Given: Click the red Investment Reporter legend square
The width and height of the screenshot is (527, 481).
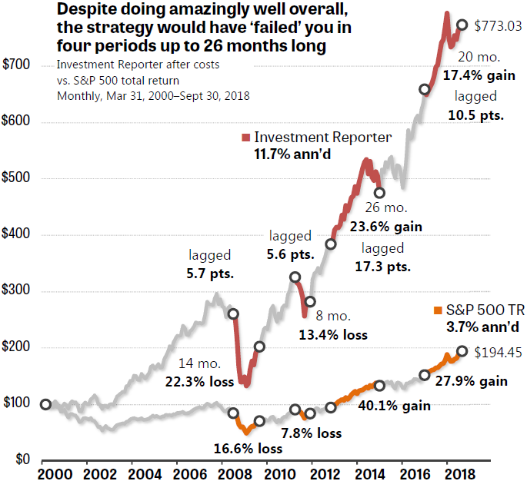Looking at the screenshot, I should pyautogui.click(x=246, y=138).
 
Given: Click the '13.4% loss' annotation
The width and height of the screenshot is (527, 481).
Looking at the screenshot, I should pyautogui.click(x=333, y=334).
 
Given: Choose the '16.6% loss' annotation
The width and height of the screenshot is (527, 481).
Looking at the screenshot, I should pyautogui.click(x=248, y=448).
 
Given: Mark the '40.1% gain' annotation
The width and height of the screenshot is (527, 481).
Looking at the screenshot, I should pyautogui.click(x=393, y=406).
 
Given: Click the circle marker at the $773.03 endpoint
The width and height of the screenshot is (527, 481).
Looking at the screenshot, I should pyautogui.click(x=462, y=25).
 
